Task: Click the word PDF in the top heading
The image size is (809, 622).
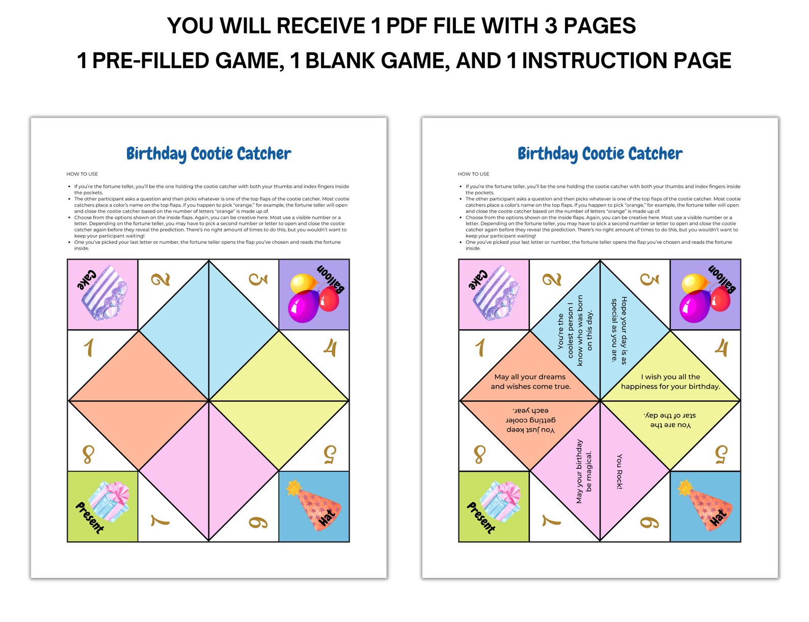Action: coord(417,26)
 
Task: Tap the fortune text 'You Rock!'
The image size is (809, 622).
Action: coord(619,471)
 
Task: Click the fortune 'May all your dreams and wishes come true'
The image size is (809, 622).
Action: coord(530,382)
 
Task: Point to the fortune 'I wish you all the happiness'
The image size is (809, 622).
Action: coord(670,382)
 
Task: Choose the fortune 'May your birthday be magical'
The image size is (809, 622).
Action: coord(584,471)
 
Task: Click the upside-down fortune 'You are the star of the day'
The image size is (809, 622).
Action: coord(670,420)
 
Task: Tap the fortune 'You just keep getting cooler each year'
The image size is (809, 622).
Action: coord(530,420)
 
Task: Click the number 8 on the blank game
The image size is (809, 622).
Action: coord(88,454)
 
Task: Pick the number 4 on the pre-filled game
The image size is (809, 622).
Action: coord(721,348)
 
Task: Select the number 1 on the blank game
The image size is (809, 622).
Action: coord(89,348)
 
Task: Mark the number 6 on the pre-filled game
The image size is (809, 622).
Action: coord(650,522)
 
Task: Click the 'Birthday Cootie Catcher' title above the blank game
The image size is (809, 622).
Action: coord(208,154)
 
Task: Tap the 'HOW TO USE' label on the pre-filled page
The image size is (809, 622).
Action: coord(473,174)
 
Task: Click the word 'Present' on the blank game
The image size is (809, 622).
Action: coord(90,517)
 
